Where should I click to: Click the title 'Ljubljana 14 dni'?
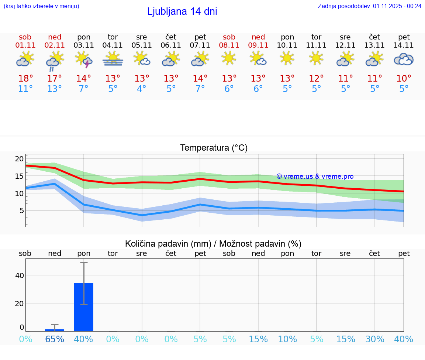[x=182, y=11]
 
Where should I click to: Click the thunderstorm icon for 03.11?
[x=84, y=59]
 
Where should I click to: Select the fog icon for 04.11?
[x=113, y=59]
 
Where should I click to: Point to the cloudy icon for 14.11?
[x=404, y=59]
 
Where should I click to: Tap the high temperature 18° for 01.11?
[x=25, y=79]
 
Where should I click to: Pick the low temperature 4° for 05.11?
[x=142, y=89]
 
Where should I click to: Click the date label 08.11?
[x=229, y=45]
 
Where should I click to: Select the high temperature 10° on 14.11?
[x=404, y=79]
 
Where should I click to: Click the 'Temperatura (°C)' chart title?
[x=214, y=148]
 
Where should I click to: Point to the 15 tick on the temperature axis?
[x=19, y=176]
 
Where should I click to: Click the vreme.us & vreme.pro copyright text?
[x=315, y=176]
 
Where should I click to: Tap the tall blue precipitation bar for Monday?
[x=84, y=307]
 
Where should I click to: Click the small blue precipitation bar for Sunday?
[x=55, y=330]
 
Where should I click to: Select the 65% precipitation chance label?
[x=55, y=339]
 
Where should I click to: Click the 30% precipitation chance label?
[x=375, y=339]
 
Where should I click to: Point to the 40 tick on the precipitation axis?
[x=19, y=275]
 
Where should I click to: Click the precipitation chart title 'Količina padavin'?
[x=213, y=244]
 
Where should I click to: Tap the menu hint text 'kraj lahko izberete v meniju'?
[x=41, y=6]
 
